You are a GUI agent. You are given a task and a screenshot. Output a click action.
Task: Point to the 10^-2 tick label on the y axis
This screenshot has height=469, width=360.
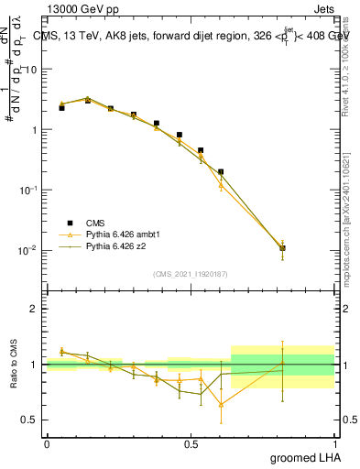pos(29,250)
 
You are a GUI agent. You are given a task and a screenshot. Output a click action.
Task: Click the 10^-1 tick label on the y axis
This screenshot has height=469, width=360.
pos(29,190)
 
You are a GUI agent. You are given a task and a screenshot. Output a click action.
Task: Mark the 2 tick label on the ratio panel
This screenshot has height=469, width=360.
pos(35,309)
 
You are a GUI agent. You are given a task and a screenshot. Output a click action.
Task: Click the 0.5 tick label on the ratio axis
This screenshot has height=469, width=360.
pos(29,420)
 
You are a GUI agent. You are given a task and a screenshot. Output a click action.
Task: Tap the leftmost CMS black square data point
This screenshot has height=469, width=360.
pos(61,107)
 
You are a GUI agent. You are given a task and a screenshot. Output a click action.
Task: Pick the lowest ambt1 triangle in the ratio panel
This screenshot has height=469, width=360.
pos(221,404)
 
